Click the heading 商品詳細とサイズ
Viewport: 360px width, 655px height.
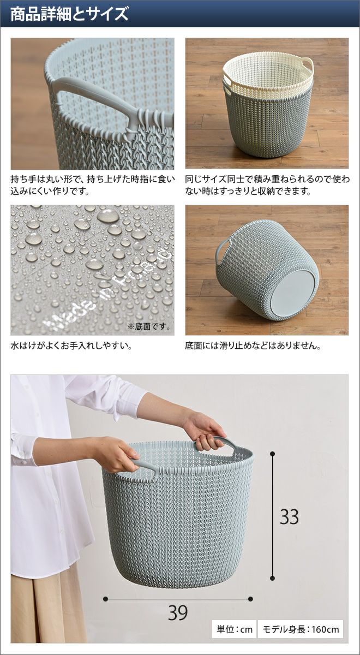click(x=70, y=14)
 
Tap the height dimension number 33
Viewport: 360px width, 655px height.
click(x=289, y=517)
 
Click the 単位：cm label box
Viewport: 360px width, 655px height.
click(x=235, y=629)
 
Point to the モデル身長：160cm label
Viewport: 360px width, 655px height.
click(x=301, y=629)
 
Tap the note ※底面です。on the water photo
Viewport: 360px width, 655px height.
click(x=149, y=326)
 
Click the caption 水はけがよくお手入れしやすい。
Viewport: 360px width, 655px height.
click(x=71, y=346)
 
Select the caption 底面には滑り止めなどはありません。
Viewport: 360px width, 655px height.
click(x=253, y=346)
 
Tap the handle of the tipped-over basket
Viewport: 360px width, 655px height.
click(x=222, y=252)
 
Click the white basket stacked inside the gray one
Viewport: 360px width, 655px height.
click(x=267, y=73)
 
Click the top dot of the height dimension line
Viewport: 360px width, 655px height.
click(x=273, y=454)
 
